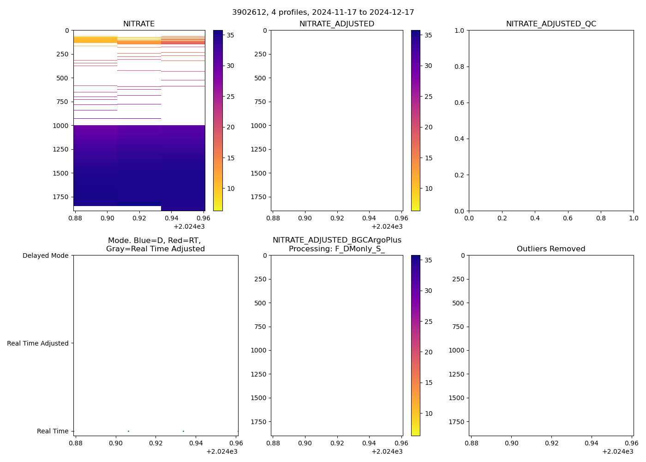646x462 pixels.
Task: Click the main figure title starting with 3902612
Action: point(323,12)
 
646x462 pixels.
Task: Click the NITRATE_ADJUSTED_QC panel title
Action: point(551,24)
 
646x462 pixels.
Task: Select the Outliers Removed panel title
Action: point(551,249)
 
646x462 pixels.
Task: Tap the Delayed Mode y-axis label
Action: point(45,255)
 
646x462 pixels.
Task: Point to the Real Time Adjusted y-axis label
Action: point(38,343)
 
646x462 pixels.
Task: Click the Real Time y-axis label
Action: point(53,431)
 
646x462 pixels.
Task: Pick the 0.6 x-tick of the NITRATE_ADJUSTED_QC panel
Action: point(568,218)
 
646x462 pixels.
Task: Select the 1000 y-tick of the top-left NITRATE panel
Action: point(61,126)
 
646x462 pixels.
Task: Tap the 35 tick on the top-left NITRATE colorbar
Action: point(230,35)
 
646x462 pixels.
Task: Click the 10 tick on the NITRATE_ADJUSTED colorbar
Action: point(428,188)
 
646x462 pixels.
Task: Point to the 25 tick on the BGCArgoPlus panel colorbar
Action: point(428,322)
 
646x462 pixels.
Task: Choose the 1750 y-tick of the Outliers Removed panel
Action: point(456,422)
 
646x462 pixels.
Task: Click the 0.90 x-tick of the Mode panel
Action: point(116,443)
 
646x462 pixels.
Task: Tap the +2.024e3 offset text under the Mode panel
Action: point(222,451)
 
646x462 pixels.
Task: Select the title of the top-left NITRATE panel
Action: point(139,24)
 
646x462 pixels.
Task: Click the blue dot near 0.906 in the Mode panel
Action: point(128,431)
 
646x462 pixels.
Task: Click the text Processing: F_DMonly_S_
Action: point(337,249)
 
